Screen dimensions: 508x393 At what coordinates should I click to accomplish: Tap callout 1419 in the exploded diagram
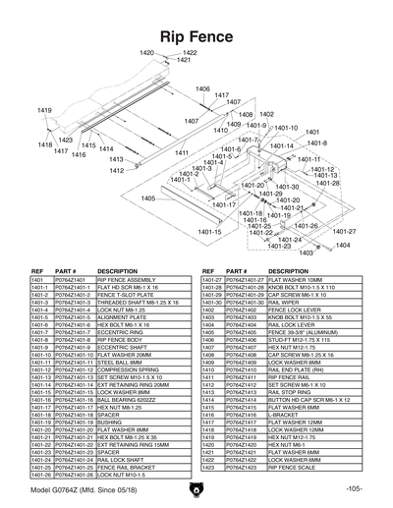click(44, 110)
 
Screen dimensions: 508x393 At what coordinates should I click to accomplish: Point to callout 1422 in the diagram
click(190, 53)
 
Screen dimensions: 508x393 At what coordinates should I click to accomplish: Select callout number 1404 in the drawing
click(343, 245)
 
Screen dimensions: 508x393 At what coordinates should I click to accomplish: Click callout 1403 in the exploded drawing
click(306, 253)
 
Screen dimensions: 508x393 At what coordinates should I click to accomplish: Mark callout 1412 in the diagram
click(117, 170)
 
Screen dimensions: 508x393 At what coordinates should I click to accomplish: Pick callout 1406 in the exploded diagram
click(201, 89)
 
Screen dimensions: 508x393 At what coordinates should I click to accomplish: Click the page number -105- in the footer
click(355, 488)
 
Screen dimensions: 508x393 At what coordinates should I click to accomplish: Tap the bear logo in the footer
click(196, 488)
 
